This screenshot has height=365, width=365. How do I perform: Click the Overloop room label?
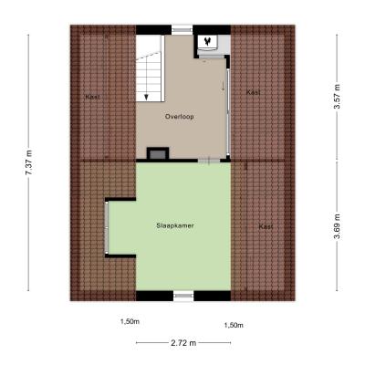tap(179, 117)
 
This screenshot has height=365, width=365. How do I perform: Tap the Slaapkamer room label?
tap(175, 225)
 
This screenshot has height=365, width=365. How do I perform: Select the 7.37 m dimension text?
tap(28, 162)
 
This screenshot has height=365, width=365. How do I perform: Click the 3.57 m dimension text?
tap(337, 96)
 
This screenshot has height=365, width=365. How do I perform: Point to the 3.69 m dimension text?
tap(337, 226)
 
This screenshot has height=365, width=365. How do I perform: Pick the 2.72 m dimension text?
tap(183, 343)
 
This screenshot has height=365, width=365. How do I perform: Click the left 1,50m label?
tap(130, 321)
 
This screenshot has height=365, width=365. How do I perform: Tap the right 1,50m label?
tap(234, 326)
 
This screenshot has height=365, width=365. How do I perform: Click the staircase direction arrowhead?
tap(146, 97)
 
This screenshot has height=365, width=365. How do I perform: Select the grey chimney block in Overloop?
tap(158, 153)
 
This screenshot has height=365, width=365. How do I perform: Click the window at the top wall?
tap(182, 30)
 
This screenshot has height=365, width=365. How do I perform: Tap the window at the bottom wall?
tap(183, 296)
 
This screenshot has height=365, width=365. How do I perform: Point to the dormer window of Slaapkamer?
tap(107, 227)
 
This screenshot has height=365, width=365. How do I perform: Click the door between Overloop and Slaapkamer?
tap(208, 160)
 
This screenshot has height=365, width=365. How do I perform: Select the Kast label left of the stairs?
tap(93, 97)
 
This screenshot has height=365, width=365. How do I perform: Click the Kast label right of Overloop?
tap(253, 92)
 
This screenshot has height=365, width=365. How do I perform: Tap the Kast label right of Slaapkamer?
tap(266, 226)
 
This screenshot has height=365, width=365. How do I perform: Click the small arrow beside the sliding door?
tap(223, 86)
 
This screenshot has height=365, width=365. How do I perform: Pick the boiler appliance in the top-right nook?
tap(208, 41)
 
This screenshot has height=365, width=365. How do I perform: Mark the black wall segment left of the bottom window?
tap(154, 296)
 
